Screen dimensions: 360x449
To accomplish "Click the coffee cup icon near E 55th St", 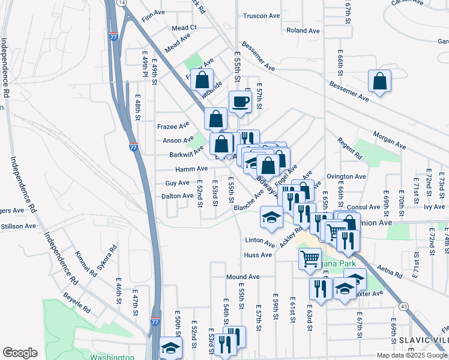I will click(240, 101).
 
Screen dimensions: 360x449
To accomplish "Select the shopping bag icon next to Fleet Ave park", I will click(203, 80).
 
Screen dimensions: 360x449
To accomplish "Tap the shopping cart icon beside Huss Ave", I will click(310, 259).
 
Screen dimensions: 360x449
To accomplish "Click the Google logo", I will click(20, 353).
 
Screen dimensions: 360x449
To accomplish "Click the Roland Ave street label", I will click(303, 31).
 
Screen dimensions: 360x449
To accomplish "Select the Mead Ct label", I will click(184, 28).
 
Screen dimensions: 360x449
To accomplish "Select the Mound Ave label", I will click(243, 277).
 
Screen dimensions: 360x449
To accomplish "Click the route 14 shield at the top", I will click(122, 3).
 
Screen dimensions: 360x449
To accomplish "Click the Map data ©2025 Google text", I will click(411, 355).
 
